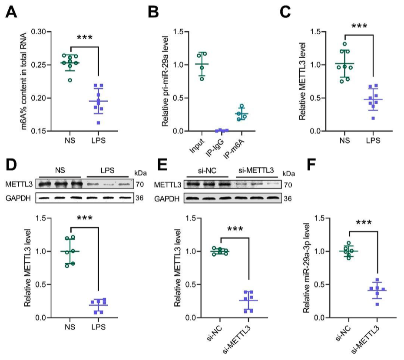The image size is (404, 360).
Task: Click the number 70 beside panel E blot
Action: point(288,185)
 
